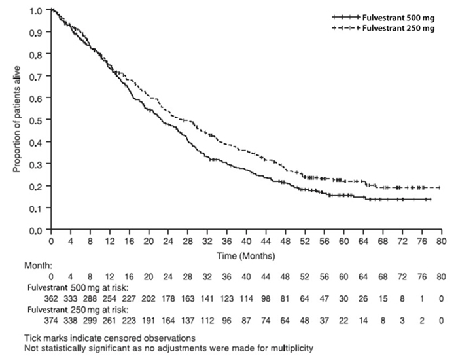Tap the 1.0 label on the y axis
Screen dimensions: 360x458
39,11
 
